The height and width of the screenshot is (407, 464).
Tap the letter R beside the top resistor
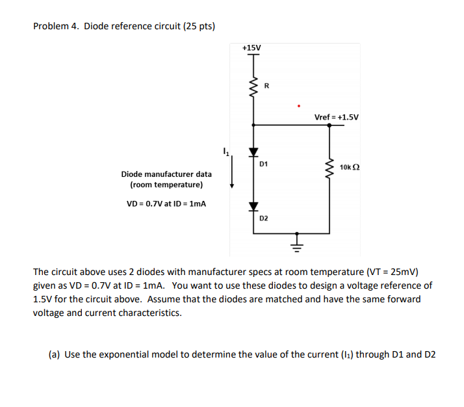265,85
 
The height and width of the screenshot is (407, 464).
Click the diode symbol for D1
253,152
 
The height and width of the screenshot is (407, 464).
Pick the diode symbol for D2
253,206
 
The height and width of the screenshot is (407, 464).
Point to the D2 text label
264,218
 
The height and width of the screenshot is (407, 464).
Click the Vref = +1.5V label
336,118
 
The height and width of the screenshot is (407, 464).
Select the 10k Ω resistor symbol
329,168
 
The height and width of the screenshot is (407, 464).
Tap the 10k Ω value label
350,167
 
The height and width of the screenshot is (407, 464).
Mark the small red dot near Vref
298,105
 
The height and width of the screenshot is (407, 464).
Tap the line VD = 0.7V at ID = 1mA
166,203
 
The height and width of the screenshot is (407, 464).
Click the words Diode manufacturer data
166,174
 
